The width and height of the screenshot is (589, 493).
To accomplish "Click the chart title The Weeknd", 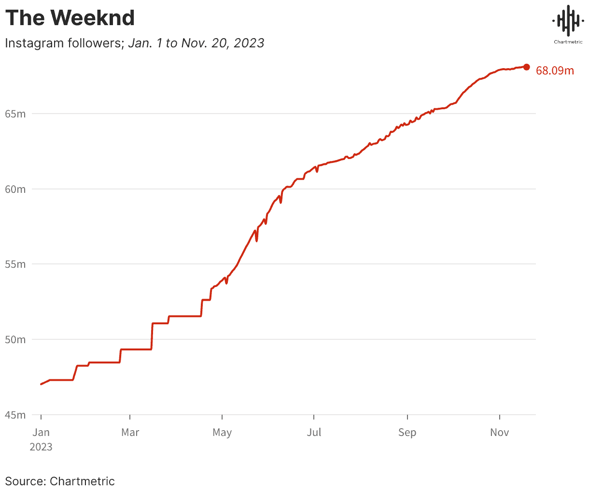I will pos(70,18).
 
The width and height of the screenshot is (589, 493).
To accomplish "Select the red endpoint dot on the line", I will pos(526,67).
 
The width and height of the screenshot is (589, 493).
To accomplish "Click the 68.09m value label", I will pos(555,71).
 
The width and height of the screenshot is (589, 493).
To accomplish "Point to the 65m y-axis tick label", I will pos(15,114).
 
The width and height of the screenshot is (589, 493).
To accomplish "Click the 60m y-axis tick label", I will pos(15,189).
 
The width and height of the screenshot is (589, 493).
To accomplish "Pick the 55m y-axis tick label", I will pos(15,264).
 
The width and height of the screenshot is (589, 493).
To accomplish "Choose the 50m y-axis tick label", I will pos(15,339).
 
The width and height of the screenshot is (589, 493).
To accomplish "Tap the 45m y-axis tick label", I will pos(15,415).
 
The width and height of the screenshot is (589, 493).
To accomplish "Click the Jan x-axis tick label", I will pos(41,432).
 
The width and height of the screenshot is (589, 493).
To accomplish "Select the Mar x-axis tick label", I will pos(130,432).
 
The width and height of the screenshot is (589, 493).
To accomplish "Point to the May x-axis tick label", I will pos(222,432).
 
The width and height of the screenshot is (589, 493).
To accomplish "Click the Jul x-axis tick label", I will pos(314,432).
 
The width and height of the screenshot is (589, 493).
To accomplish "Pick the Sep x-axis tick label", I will pos(407,432).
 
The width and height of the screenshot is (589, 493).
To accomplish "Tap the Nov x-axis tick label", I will pos(499,432).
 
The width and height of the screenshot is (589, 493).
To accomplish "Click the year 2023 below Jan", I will pos(41,447).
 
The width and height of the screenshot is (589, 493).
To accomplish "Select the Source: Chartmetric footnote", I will pos(60,481).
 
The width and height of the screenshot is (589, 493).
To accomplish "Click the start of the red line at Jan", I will pos(42,384).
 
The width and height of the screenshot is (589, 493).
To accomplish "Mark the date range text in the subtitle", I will pos(196,43).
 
